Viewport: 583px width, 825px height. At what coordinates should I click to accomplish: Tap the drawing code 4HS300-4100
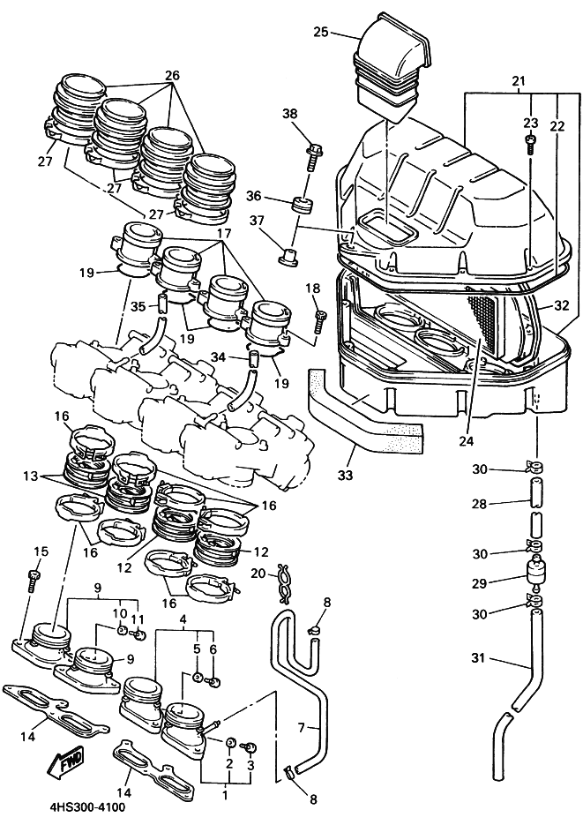(89, 807)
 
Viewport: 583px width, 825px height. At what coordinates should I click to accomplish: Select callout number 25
(321, 32)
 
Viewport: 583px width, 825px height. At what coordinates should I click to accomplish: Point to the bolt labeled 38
(313, 155)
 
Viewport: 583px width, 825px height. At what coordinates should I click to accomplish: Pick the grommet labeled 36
(303, 205)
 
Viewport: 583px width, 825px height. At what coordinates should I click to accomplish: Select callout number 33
(346, 475)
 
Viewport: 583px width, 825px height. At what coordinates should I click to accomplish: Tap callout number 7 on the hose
(302, 728)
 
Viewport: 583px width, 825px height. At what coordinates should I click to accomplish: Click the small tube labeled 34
(254, 359)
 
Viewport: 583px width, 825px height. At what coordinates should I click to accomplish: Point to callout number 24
(466, 440)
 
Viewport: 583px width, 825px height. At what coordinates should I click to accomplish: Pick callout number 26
(172, 75)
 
